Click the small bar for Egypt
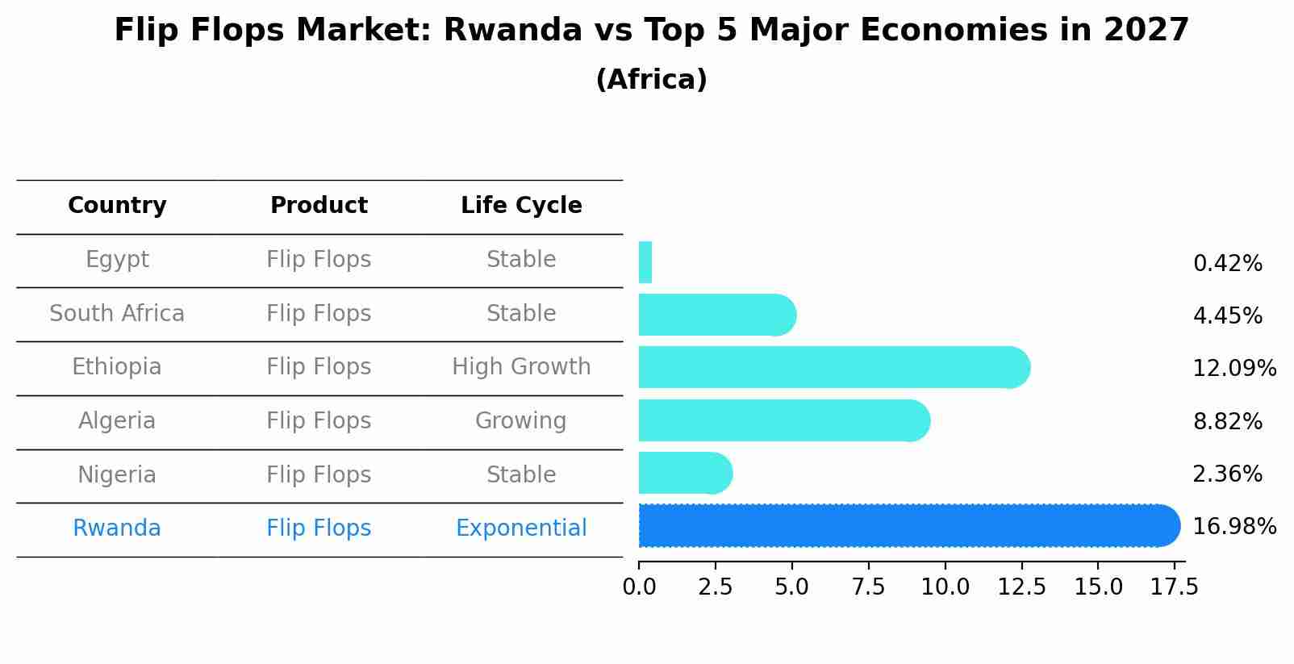645,262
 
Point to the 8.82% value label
1227,421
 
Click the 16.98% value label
1234,526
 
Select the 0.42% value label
1227,263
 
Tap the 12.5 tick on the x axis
1021,587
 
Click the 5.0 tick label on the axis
791,587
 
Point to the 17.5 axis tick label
1175,587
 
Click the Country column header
117,206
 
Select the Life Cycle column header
521,206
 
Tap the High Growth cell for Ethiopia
521,367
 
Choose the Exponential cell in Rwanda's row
521,528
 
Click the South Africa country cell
117,313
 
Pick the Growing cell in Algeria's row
521,421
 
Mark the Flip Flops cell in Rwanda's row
319,528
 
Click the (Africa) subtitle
651,79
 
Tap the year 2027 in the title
1146,31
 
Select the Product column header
319,206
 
